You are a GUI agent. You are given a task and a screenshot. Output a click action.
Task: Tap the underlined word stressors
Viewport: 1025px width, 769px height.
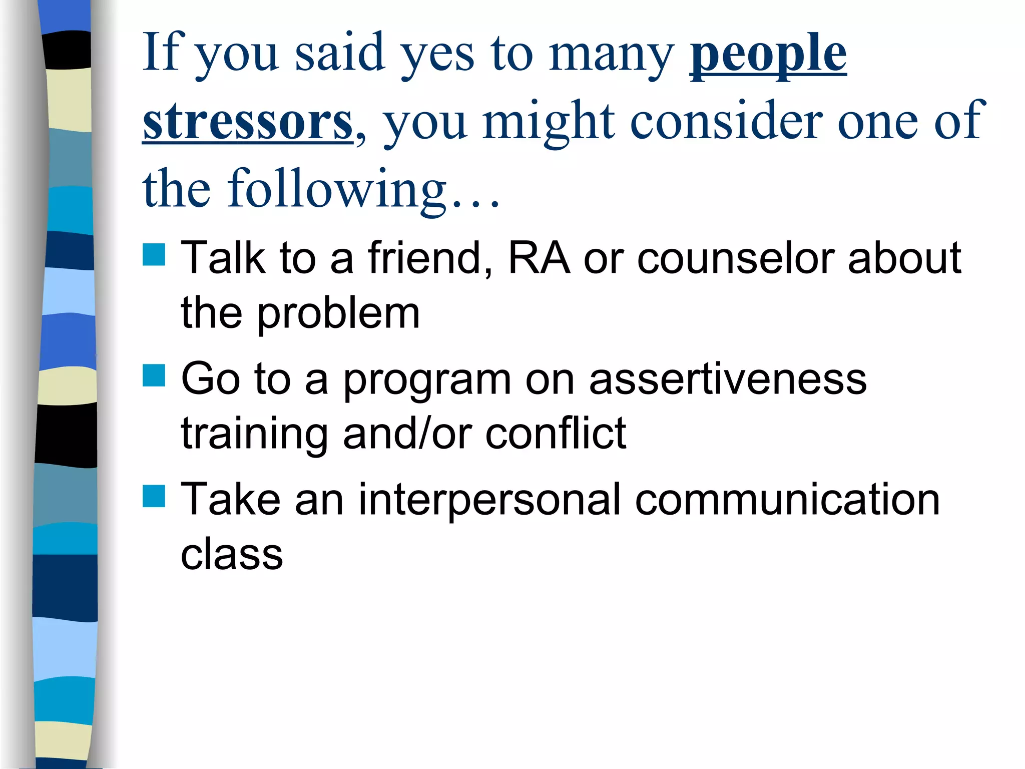pos(248,122)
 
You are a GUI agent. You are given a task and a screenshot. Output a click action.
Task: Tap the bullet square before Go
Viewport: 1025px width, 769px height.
pos(154,375)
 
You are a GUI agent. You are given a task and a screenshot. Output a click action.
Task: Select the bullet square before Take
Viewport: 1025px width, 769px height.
pos(154,496)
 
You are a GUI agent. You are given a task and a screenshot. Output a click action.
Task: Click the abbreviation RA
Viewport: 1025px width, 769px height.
pos(539,258)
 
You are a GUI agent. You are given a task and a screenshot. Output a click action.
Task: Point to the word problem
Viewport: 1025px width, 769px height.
pos(338,314)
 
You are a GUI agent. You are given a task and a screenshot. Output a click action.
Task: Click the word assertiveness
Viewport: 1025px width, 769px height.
pos(728,379)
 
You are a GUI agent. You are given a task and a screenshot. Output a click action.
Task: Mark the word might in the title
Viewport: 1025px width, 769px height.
pos(549,122)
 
